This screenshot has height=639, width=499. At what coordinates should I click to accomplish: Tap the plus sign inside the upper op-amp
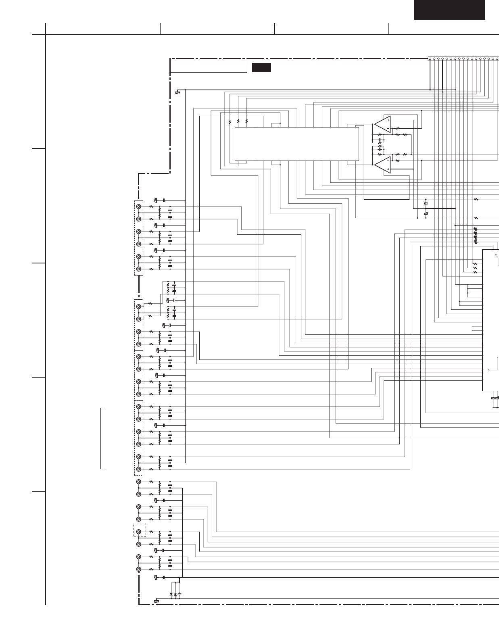[x=388, y=120]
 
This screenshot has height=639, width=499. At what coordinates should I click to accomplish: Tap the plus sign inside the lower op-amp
[x=388, y=169]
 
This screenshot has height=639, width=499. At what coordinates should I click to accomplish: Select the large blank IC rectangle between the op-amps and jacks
[x=296, y=144]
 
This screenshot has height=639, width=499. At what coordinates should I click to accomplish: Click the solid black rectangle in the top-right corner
[x=449, y=10]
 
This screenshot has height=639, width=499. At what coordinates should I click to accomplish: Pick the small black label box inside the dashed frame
[x=261, y=67]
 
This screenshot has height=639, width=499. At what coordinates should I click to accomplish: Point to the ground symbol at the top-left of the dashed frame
[x=177, y=93]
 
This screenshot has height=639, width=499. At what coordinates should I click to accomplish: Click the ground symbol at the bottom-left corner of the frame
[x=156, y=601]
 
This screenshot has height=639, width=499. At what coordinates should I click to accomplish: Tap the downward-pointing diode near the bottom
[x=171, y=594]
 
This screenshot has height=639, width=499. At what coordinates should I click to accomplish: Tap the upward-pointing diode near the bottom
[x=175, y=594]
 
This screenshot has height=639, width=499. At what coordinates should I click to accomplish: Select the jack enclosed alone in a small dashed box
[x=139, y=532]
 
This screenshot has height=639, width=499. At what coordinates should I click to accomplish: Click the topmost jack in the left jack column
[x=139, y=207]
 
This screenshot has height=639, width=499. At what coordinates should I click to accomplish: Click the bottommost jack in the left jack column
[x=139, y=569]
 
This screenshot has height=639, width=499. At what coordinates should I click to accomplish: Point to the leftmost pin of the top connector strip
[x=430, y=59]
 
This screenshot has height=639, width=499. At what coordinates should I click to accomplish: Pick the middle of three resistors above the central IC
[x=238, y=121]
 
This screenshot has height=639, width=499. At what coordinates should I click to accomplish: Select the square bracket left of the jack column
[x=102, y=439]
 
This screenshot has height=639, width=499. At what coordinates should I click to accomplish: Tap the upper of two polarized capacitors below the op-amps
[x=426, y=203]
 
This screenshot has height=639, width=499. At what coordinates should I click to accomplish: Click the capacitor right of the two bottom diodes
[x=180, y=594]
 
